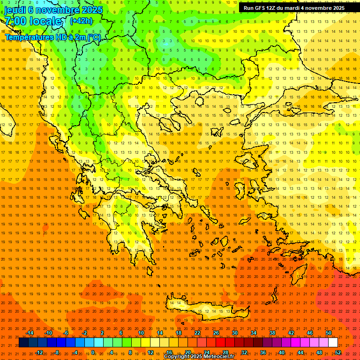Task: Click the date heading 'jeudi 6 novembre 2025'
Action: (x=53, y=10)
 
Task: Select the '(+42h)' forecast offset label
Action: (x=81, y=21)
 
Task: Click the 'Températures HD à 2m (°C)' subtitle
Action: (x=53, y=37)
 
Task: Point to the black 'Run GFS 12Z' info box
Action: (x=294, y=8)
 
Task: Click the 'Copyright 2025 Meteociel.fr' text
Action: (x=199, y=357)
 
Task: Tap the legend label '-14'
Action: (x=30, y=333)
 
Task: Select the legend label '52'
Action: (x=338, y=352)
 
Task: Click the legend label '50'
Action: (x=329, y=333)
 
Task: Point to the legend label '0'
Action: (x=93, y=352)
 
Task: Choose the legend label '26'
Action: (x=216, y=333)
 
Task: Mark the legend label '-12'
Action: (x=39, y=352)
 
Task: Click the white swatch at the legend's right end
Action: (x=333, y=343)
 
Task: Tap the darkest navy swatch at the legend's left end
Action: (x=23, y=343)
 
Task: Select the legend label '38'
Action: (x=272, y=333)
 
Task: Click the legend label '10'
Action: (x=141, y=333)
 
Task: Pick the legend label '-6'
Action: (x=66, y=333)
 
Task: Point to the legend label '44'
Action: (x=300, y=352)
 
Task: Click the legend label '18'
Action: (x=179, y=333)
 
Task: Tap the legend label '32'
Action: (x=244, y=352)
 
